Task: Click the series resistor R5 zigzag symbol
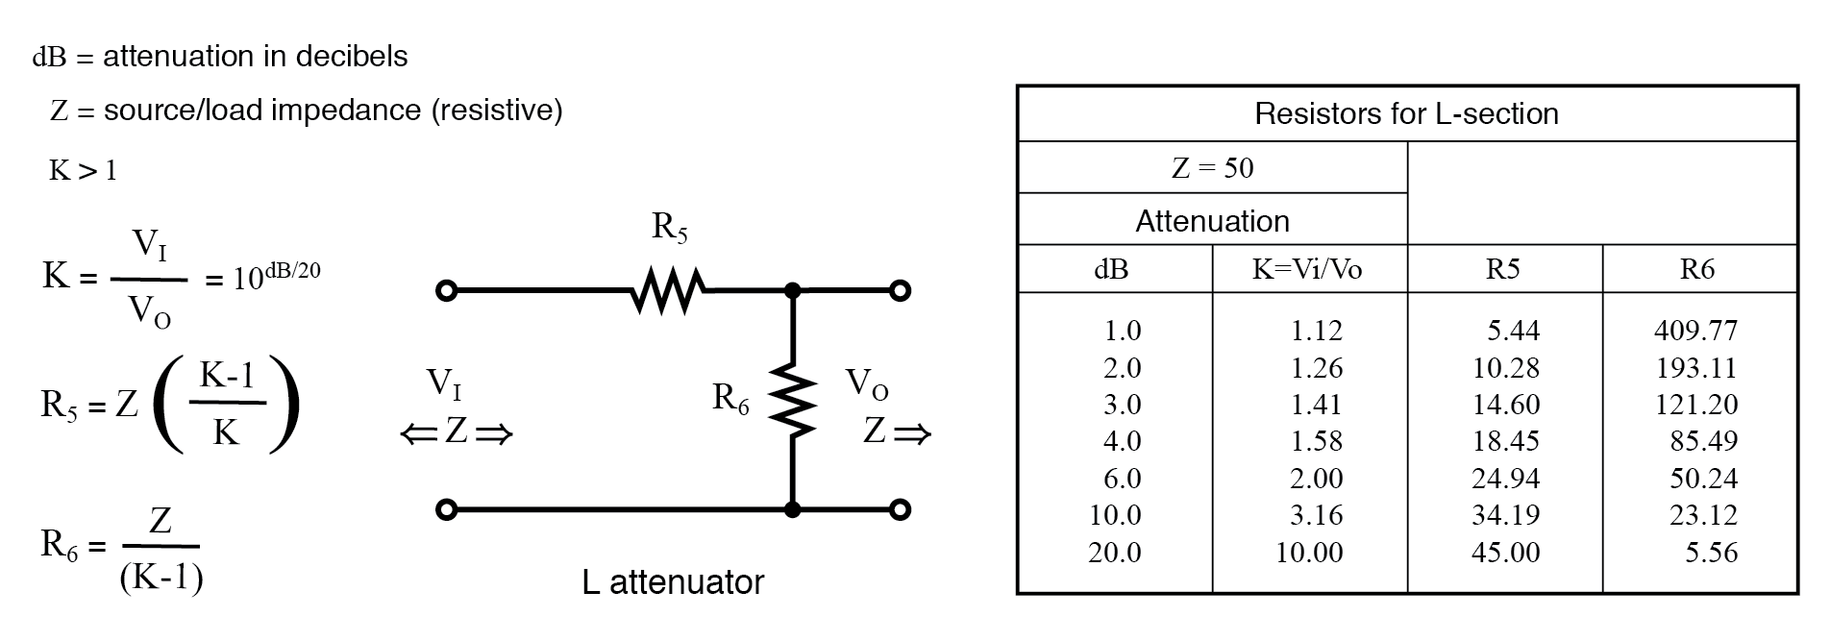[669, 290]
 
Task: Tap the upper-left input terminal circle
[446, 290]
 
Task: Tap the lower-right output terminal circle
[900, 509]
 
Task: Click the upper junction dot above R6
[793, 290]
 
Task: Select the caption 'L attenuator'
[673, 582]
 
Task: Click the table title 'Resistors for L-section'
[1406, 113]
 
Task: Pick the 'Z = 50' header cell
[1212, 168]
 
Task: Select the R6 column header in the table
[1697, 269]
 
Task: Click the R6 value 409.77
[1695, 331]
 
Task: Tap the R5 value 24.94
[1505, 479]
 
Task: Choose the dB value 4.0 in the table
[1122, 441]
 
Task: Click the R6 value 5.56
[1711, 553]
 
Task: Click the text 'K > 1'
[83, 171]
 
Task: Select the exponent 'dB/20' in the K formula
[292, 270]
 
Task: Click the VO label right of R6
[866, 384]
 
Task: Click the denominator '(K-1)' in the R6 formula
[161, 578]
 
